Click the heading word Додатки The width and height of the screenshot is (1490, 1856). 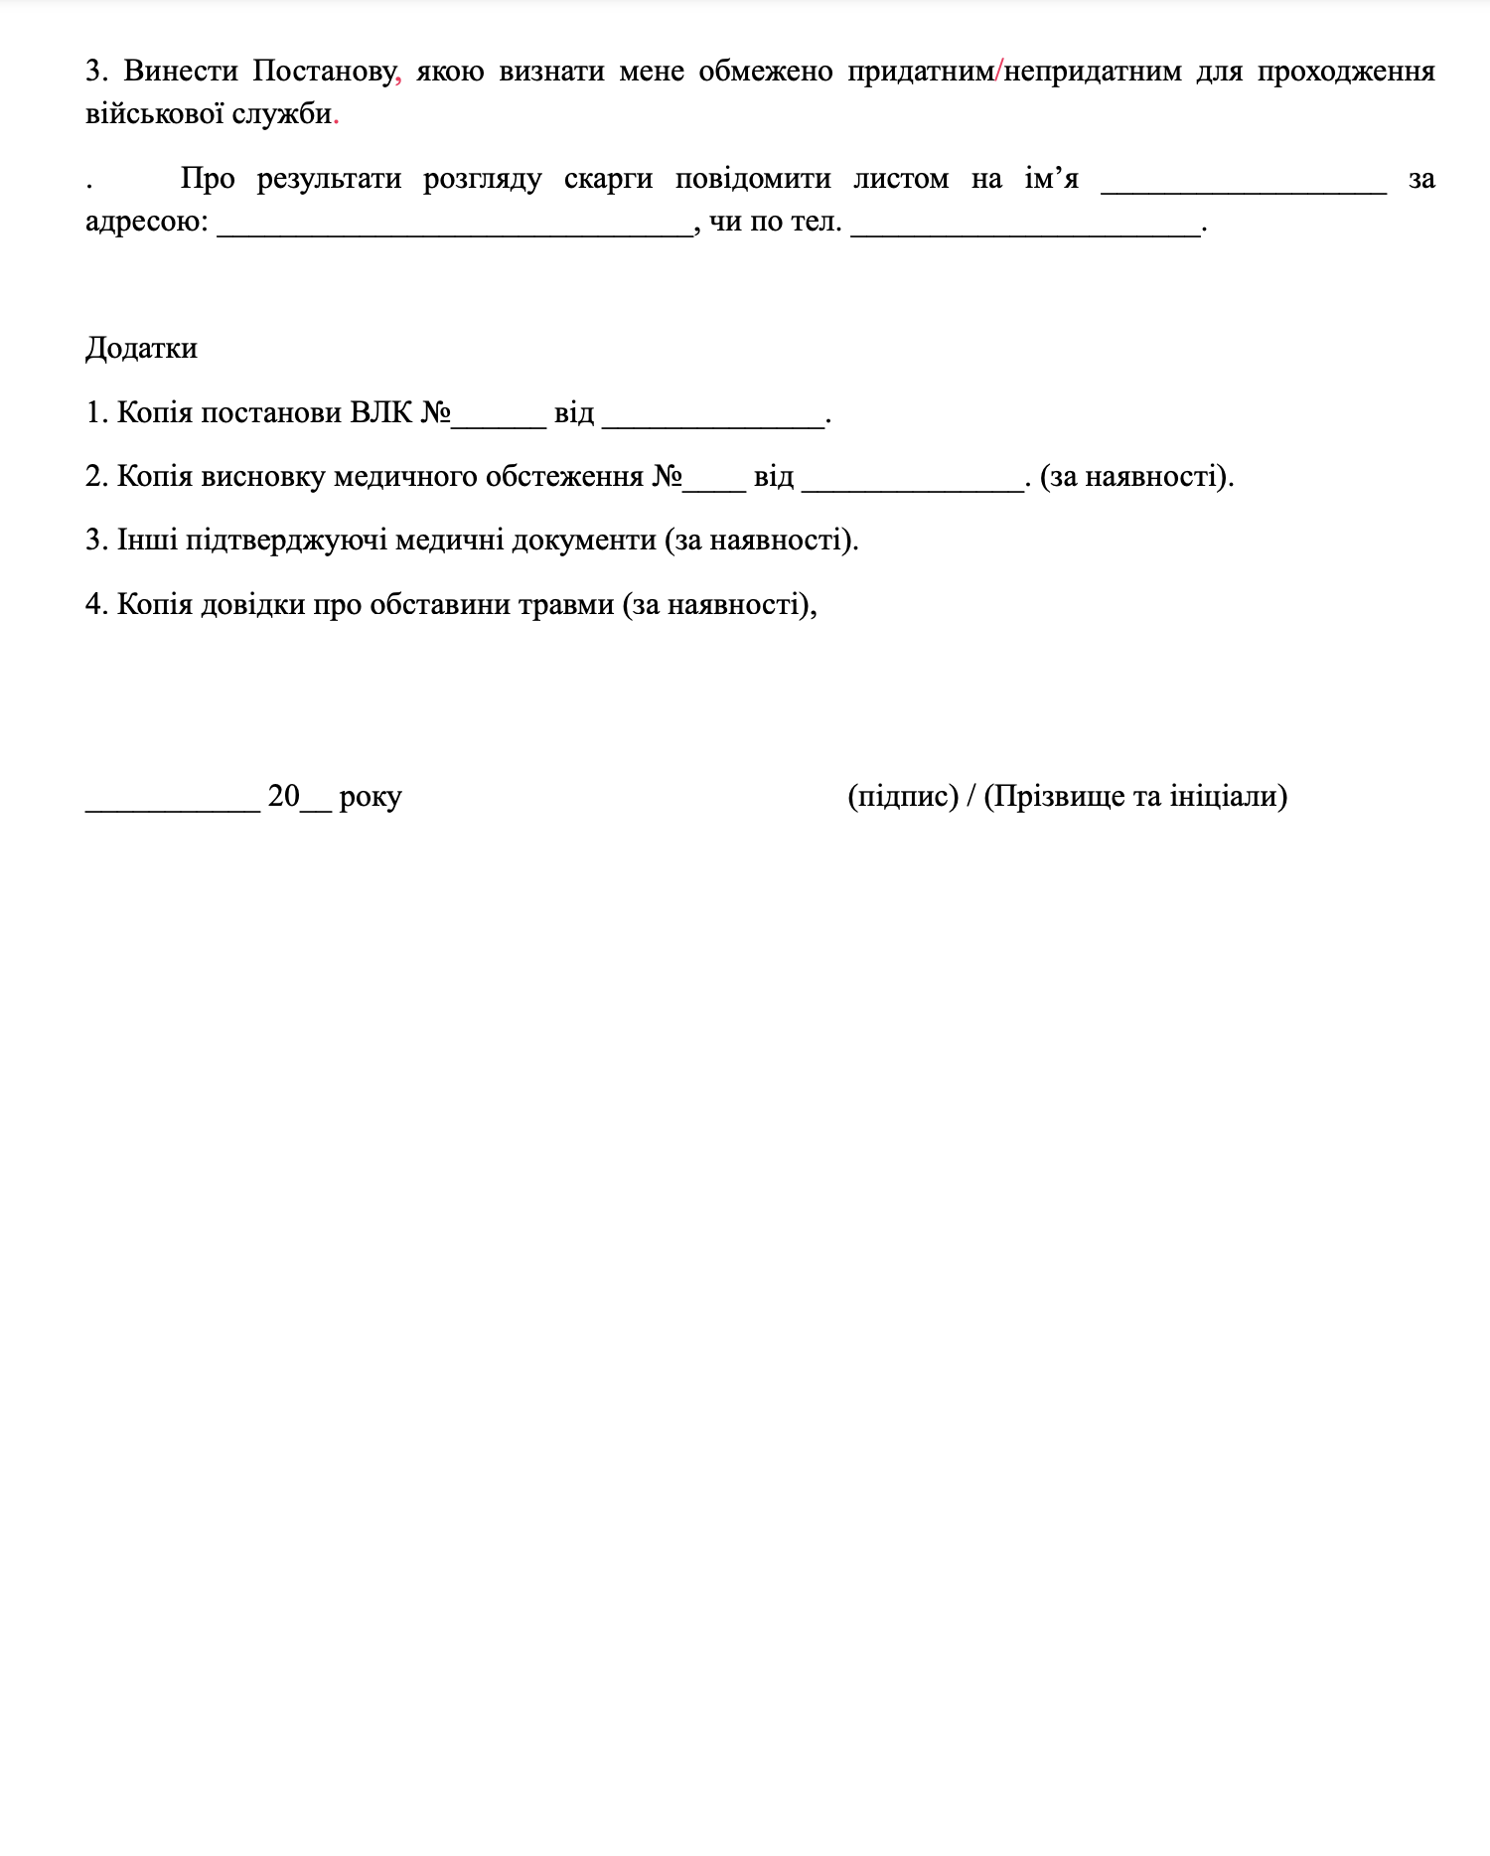coord(141,349)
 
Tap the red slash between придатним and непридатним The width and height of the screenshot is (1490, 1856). coord(998,72)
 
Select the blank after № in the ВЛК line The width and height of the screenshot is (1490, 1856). coord(499,420)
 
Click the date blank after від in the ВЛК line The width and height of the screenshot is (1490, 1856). coord(712,420)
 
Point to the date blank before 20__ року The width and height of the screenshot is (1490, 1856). coord(173,805)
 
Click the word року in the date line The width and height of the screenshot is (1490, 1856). coord(370,797)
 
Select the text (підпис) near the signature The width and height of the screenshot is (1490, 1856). coord(902,797)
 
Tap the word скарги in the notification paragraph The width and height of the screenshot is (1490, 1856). coord(608,179)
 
